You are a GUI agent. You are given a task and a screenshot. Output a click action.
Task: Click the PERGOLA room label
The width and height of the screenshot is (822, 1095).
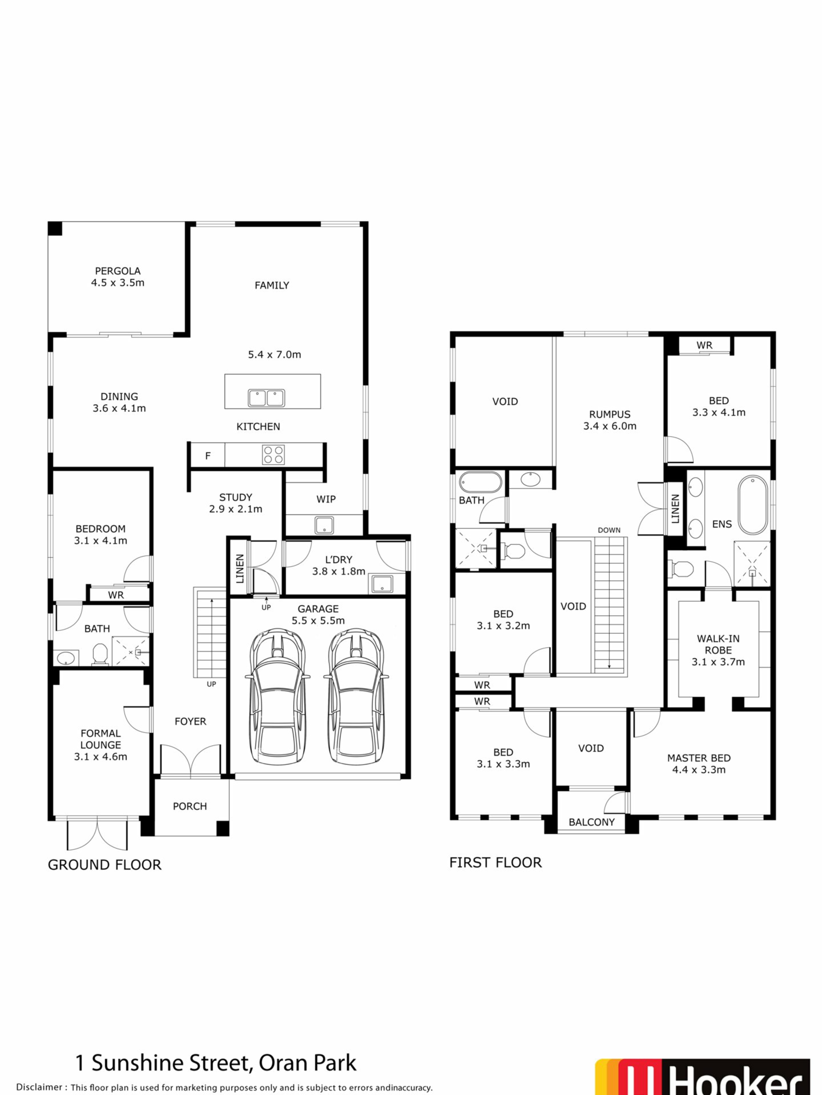(x=117, y=271)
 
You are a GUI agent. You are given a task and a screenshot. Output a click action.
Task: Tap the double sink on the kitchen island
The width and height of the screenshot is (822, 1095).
(x=266, y=397)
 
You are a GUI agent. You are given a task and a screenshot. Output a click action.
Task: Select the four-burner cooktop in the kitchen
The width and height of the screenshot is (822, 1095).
(x=274, y=454)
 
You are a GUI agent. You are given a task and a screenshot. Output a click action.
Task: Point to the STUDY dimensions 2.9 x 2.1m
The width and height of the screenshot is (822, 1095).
(x=235, y=509)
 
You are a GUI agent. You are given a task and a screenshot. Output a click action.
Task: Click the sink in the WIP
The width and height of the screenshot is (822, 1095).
(x=324, y=525)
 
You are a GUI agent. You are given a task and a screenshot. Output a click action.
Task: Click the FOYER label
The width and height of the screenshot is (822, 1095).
(x=190, y=721)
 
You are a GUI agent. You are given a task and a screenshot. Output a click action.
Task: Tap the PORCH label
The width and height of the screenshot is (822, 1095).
(x=190, y=806)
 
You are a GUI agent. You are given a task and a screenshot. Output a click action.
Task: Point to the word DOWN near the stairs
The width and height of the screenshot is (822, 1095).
(x=609, y=530)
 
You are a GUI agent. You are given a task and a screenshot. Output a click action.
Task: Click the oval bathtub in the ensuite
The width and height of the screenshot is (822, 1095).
(x=753, y=505)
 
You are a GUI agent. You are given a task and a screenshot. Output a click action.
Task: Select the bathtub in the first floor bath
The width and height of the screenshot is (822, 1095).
(x=481, y=482)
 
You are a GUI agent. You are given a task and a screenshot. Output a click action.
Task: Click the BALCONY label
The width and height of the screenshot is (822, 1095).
(x=592, y=822)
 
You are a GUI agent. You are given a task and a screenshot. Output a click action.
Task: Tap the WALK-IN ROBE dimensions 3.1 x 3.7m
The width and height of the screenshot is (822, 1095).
(x=718, y=662)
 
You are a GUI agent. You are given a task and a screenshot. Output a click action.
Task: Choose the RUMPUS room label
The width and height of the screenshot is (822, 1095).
(x=610, y=414)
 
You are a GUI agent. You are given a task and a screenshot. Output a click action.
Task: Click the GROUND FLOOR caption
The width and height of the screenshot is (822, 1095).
(x=104, y=865)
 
